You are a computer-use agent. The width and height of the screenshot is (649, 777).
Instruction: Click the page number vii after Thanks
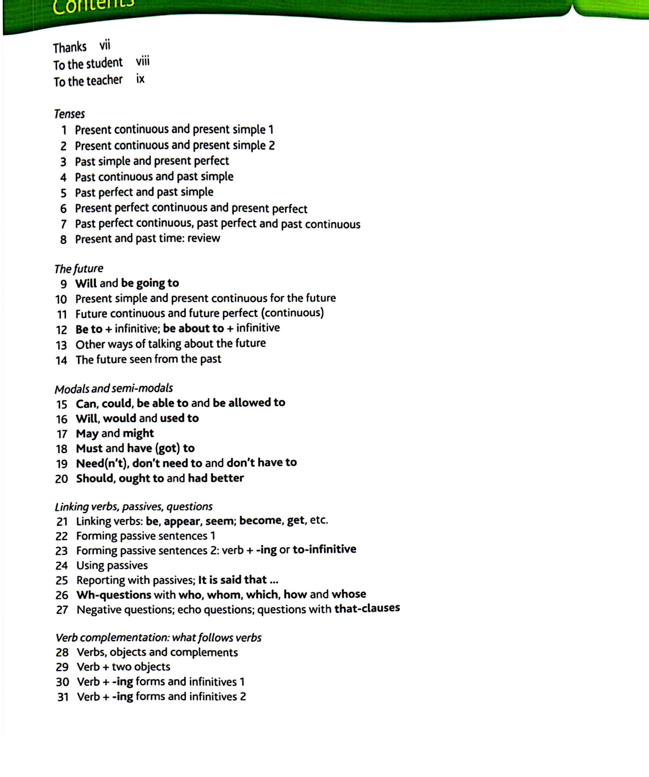pyautogui.click(x=105, y=46)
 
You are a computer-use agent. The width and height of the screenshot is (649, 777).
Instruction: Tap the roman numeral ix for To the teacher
pyautogui.click(x=140, y=79)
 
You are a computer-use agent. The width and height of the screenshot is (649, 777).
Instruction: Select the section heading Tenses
pyautogui.click(x=70, y=114)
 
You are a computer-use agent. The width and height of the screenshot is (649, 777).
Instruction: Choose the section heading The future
pyautogui.click(x=79, y=268)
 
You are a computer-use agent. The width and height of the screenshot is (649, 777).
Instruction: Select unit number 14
pyautogui.click(x=61, y=360)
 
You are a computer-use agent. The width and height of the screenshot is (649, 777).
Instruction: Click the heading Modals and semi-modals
pyautogui.click(x=114, y=388)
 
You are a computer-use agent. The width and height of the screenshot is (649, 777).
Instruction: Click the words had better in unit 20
pyautogui.click(x=216, y=478)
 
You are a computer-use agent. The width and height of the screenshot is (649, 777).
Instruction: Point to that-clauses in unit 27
pyautogui.click(x=367, y=608)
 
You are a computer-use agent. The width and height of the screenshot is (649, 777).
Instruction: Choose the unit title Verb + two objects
pyautogui.click(x=123, y=667)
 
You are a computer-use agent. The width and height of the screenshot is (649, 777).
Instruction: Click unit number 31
pyautogui.click(x=63, y=697)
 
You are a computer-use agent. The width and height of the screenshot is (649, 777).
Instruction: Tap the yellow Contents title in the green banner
pyautogui.click(x=93, y=7)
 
